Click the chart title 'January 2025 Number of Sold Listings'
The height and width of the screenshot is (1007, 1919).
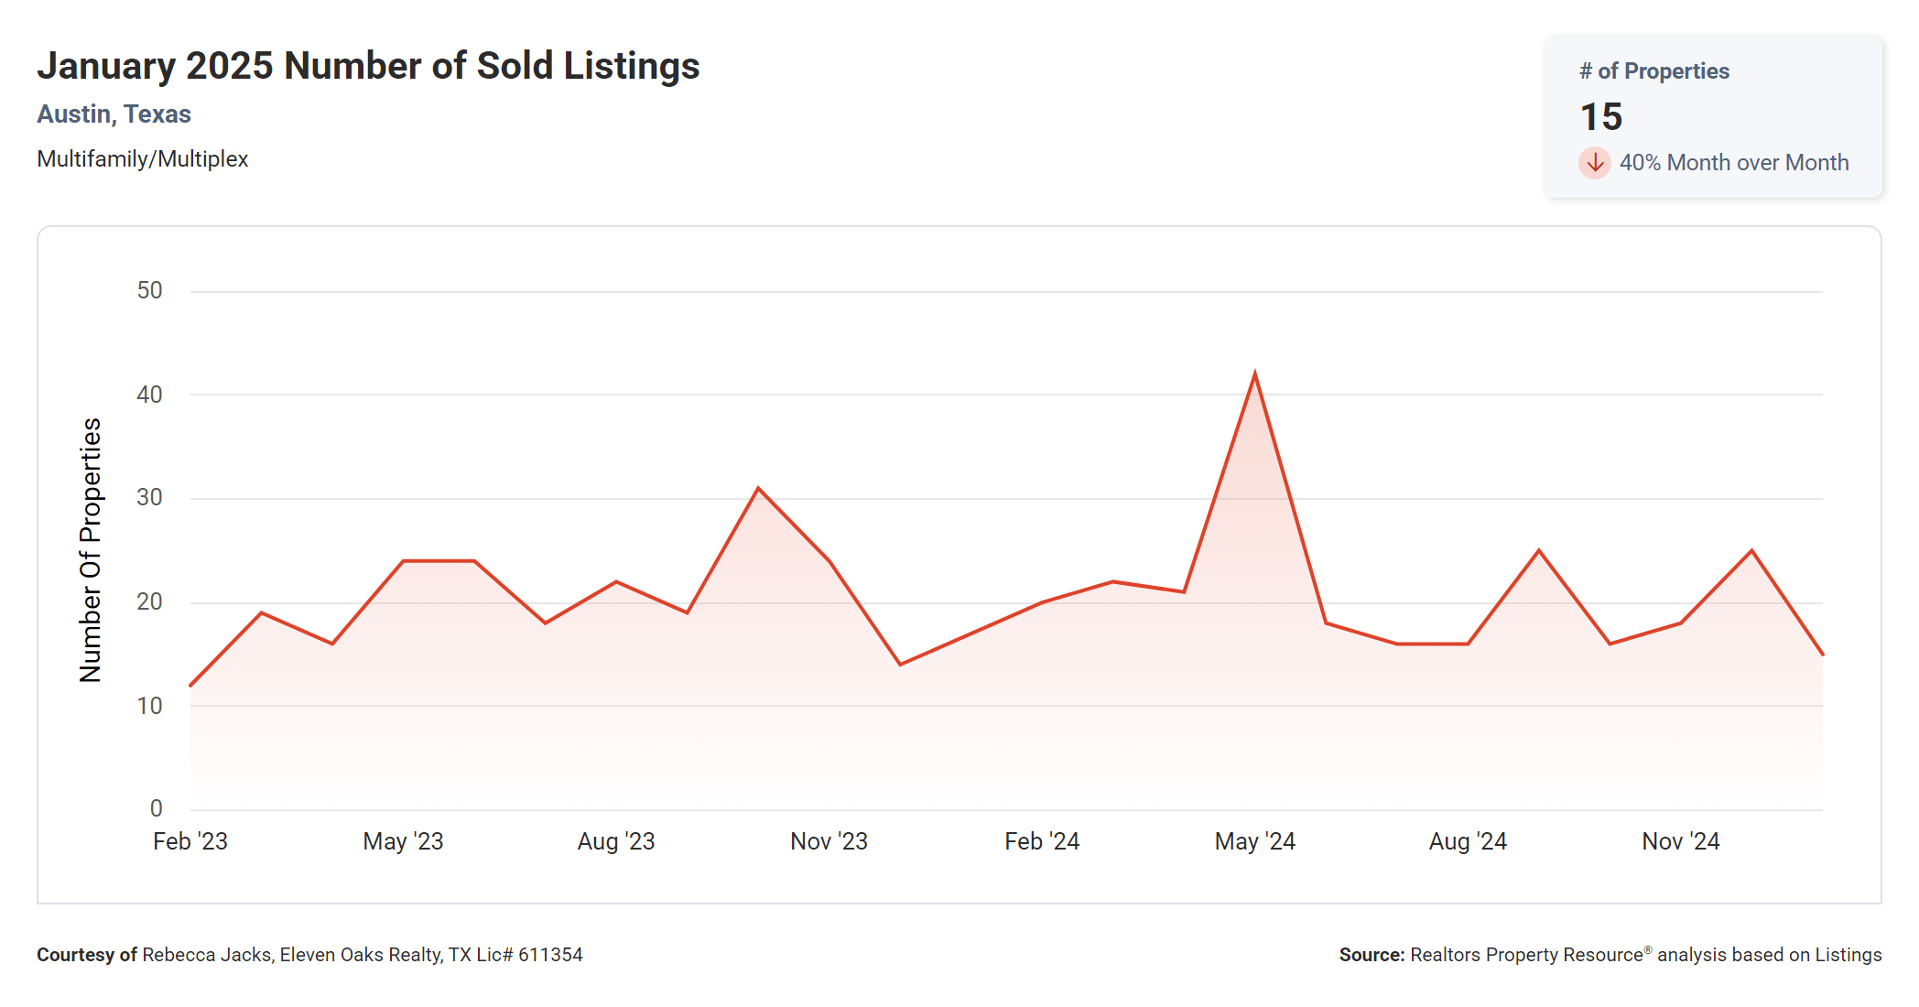tap(368, 66)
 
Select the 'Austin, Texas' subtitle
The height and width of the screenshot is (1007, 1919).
tap(114, 114)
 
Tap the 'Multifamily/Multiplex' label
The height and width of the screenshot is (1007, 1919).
tap(143, 159)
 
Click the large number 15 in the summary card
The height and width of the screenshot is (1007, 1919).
tap(1601, 117)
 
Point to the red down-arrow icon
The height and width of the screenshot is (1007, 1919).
tap(1595, 163)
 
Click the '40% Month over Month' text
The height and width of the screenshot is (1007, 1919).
tap(1734, 163)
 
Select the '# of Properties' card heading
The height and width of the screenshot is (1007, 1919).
tap(1654, 71)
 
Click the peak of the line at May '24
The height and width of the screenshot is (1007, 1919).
tap(1254, 374)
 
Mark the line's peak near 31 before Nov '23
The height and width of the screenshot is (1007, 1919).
tap(758, 489)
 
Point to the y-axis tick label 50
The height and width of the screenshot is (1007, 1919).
tap(149, 291)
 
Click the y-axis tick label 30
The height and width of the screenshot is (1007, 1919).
tap(149, 498)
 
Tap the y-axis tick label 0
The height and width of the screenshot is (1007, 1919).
tap(157, 808)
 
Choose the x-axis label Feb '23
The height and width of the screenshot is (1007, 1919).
tap(190, 841)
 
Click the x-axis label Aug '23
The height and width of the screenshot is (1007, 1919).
tap(616, 841)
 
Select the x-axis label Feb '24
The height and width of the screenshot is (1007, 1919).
tap(1042, 841)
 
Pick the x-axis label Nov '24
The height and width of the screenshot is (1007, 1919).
tap(1680, 841)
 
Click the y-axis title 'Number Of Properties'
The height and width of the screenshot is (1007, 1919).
tap(91, 550)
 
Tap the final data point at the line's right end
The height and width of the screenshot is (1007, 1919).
tap(1822, 655)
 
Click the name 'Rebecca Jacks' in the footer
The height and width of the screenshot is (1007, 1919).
tap(207, 955)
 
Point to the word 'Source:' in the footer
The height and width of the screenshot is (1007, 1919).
tap(1371, 955)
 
